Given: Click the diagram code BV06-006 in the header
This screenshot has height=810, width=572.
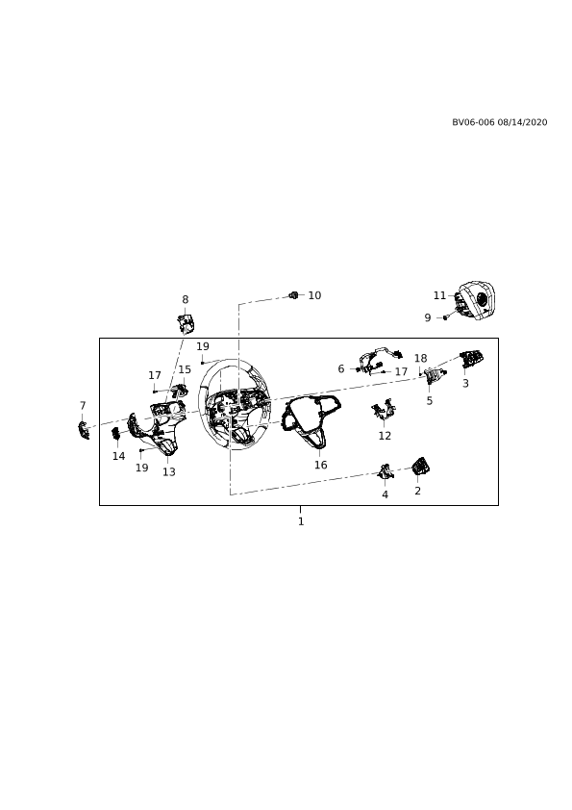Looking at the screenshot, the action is (x=473, y=122).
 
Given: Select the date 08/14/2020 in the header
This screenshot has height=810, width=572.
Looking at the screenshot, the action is (x=522, y=122).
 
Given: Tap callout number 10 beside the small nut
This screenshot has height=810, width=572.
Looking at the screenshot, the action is (x=314, y=295).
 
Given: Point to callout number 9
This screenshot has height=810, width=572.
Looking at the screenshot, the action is (x=428, y=317).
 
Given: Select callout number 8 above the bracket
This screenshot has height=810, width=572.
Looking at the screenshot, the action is (x=186, y=299).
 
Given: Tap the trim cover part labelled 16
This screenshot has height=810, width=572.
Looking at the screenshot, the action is (x=311, y=419).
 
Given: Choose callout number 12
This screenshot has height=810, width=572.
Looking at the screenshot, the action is (x=385, y=436).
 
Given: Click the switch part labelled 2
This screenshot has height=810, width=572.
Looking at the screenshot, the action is (x=421, y=467).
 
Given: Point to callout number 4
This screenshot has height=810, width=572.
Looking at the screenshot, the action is (x=385, y=494).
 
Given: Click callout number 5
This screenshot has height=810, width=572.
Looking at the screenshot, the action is (x=430, y=401).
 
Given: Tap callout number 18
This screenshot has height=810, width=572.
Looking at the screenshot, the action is (x=421, y=359).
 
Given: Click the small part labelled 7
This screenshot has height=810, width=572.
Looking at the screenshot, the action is (x=83, y=430).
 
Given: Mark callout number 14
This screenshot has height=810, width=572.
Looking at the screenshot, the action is (x=119, y=456).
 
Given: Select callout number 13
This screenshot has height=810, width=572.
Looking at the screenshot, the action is (x=169, y=472).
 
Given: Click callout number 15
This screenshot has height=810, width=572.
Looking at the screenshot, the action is (x=185, y=369).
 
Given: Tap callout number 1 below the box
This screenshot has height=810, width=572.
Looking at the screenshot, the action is (x=301, y=521).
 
